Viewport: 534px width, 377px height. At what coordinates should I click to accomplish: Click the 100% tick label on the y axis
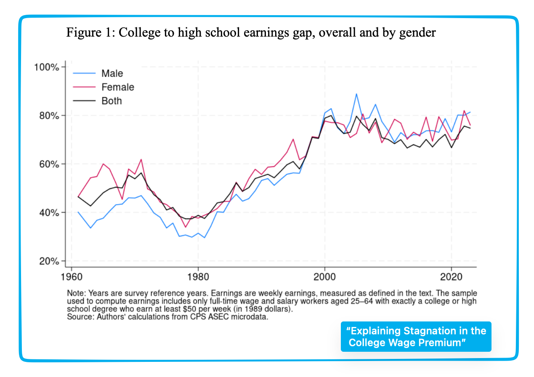[x=46, y=67]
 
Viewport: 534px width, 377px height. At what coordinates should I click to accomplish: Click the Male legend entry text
[x=112, y=74]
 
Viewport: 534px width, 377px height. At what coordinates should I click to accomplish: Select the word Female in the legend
[x=117, y=87]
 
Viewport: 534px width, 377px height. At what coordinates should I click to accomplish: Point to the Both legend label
[x=112, y=101]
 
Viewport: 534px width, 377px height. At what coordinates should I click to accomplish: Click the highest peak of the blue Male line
[x=356, y=94]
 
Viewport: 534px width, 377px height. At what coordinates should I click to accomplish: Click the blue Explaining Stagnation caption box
[x=416, y=336]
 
